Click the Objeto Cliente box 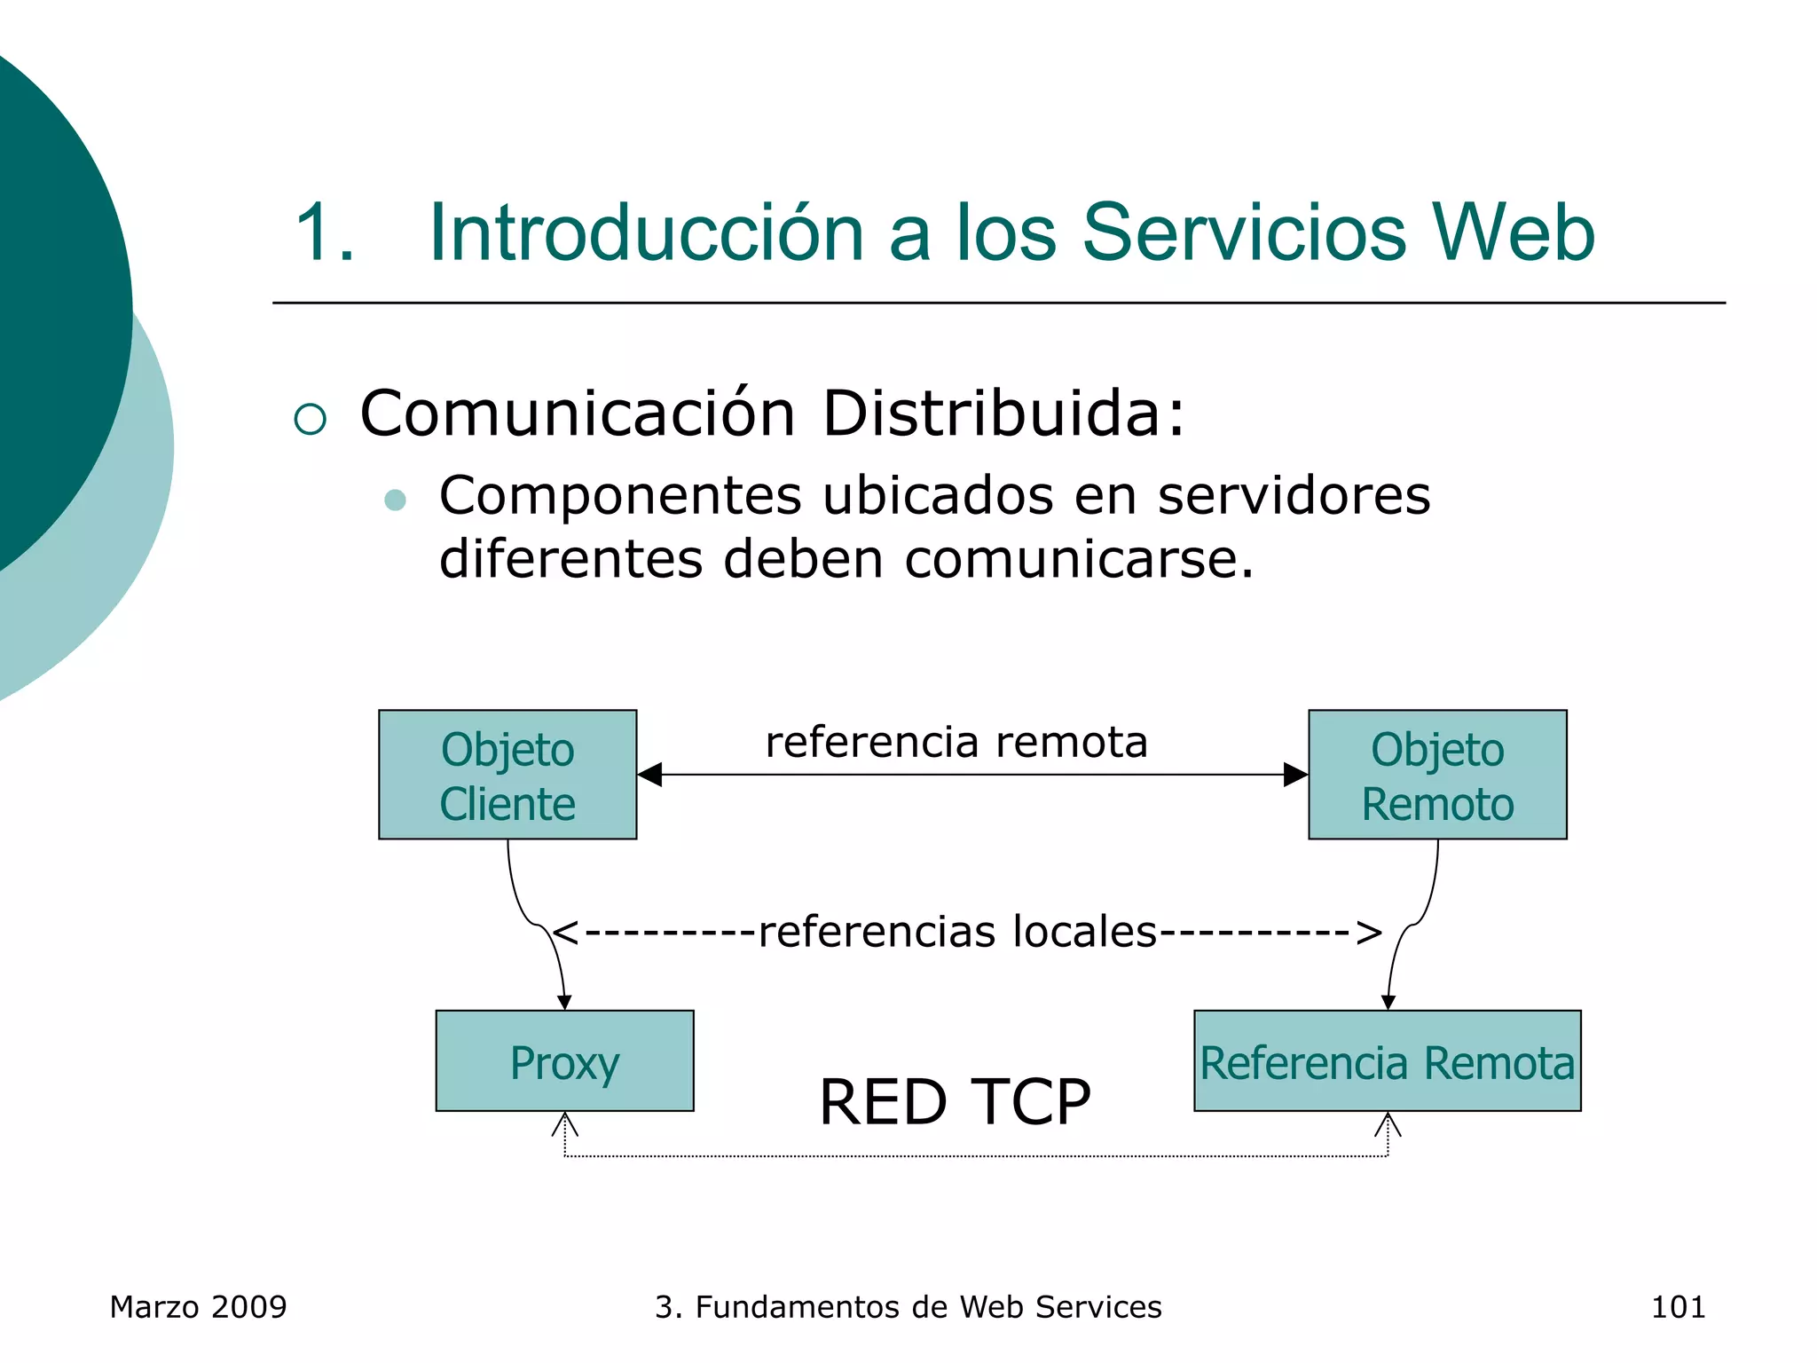(x=507, y=775)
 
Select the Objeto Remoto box (x=1437, y=775)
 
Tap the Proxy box (x=564, y=1061)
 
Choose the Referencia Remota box (x=1387, y=1061)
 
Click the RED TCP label (x=954, y=1102)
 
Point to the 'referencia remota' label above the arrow (x=956, y=742)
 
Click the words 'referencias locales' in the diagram (x=958, y=932)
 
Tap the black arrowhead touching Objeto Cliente (x=649, y=775)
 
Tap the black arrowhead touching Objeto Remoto (x=1295, y=775)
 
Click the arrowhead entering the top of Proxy (x=564, y=1003)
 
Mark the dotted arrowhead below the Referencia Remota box (x=1388, y=1125)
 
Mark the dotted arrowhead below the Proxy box (x=565, y=1125)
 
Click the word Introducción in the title (x=646, y=232)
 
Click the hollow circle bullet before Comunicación (x=311, y=419)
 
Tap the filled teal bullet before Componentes (x=395, y=500)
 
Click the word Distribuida (x=1003, y=414)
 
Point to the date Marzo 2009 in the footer (x=198, y=1307)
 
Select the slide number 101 (x=1678, y=1307)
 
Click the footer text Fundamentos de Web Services (x=927, y=1307)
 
